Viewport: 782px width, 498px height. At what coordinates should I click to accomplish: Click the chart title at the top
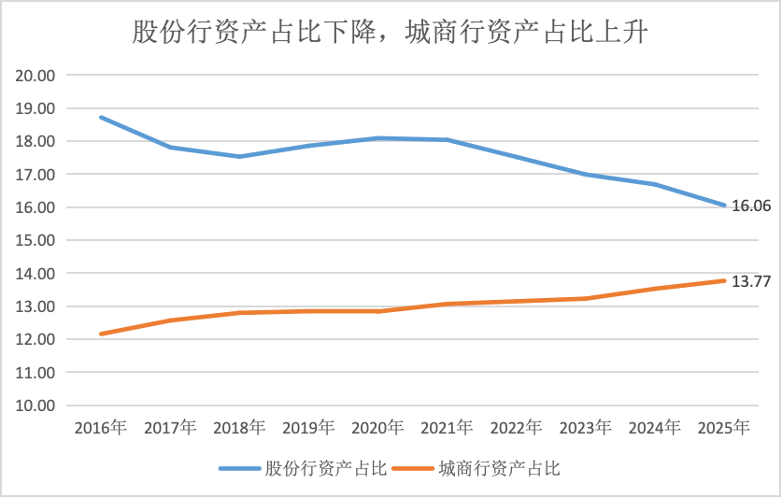click(391, 33)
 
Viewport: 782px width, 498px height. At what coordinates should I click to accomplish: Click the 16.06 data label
click(751, 206)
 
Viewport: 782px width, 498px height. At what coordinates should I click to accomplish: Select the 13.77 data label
click(751, 280)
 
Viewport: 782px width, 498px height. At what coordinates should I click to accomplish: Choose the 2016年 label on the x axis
click(101, 428)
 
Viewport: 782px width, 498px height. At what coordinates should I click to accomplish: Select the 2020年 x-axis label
click(377, 428)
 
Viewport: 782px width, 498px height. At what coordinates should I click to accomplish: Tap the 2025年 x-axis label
click(724, 428)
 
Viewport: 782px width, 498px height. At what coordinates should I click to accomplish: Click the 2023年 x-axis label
click(586, 428)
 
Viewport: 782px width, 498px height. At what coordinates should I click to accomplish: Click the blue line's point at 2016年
click(101, 118)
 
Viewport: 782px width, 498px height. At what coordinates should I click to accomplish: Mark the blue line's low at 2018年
click(239, 156)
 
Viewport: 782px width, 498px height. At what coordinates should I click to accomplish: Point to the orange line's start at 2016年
click(101, 334)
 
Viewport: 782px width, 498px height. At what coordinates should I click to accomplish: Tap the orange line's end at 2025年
click(724, 280)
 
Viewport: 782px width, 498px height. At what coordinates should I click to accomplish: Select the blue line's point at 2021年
click(448, 140)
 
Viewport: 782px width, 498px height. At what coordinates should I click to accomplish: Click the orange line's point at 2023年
click(586, 298)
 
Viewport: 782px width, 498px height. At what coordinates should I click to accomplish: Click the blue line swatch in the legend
click(240, 468)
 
